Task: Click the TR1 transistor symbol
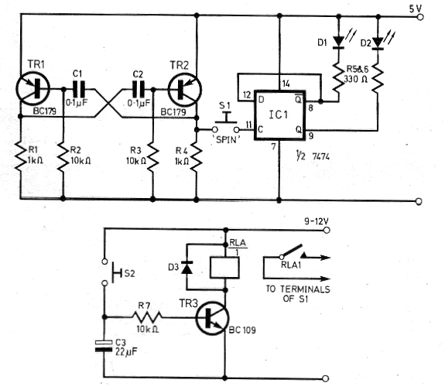pos(33,89)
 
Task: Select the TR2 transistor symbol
pos(185,90)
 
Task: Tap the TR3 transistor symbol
pos(212,318)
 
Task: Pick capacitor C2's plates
pos(139,90)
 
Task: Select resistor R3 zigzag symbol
pos(153,158)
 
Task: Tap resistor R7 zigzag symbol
pos(147,316)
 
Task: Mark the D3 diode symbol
pos(187,267)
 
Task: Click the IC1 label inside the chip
pos(278,115)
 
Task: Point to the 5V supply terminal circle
pos(420,17)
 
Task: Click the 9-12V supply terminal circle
pos(327,230)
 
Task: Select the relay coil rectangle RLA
pos(224,267)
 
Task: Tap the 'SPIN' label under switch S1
pos(227,139)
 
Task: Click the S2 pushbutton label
pos(129,273)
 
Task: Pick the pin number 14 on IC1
pos(286,84)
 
